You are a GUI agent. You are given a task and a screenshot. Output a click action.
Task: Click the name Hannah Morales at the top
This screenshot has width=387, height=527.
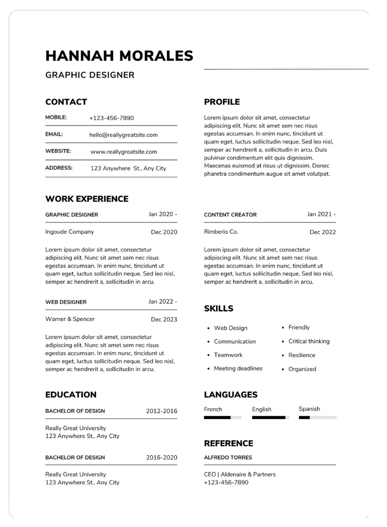(x=119, y=56)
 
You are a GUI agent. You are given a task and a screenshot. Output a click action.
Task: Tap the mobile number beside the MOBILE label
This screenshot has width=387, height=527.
(x=111, y=118)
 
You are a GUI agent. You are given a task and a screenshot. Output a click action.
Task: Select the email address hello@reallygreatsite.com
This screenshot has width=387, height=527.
(x=123, y=135)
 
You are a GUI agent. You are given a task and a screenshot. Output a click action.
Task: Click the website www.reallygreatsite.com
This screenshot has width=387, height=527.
(x=123, y=152)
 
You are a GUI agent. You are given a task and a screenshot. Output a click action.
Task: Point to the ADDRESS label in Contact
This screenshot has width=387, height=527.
(x=59, y=168)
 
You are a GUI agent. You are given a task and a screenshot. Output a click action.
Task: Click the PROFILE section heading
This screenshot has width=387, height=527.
(x=221, y=102)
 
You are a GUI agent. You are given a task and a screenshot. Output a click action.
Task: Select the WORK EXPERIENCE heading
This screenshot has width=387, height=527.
(x=87, y=199)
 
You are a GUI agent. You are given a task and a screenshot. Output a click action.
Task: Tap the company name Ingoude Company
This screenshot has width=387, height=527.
(x=69, y=232)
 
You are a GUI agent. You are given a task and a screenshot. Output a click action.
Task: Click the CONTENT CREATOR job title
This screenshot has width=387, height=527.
(x=230, y=215)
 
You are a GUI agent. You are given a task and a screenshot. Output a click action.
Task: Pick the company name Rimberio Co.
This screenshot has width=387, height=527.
(x=221, y=232)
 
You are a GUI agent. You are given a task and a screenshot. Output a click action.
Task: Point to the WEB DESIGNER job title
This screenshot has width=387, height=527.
(x=66, y=302)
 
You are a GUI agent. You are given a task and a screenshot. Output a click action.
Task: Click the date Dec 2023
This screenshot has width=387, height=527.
(x=164, y=319)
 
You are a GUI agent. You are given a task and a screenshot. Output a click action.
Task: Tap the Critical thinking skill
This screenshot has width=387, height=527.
(x=309, y=341)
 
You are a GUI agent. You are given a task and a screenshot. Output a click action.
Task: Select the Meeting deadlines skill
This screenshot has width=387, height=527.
(x=238, y=369)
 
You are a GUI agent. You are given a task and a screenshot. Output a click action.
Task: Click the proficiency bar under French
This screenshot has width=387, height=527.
(x=222, y=418)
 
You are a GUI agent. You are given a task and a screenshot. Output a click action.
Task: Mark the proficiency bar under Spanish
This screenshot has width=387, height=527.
(x=318, y=418)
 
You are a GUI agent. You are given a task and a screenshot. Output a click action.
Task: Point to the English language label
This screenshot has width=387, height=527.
(x=262, y=410)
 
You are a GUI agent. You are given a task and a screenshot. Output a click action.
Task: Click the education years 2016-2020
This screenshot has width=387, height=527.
(x=162, y=458)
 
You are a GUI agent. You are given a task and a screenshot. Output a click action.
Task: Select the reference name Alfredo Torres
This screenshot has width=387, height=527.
(x=228, y=458)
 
